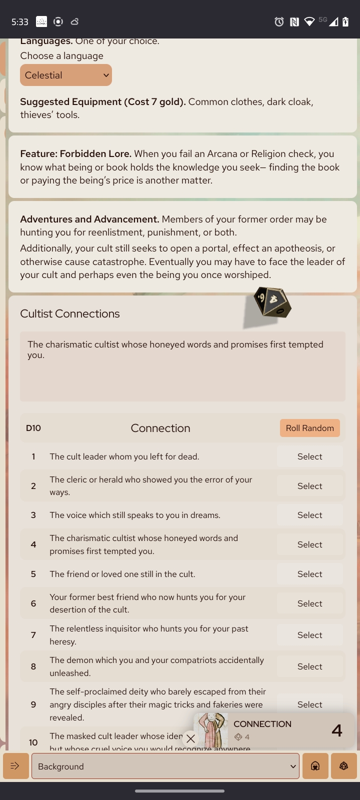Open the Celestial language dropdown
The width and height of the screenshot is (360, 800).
point(65,75)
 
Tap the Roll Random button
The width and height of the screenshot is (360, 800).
point(309,428)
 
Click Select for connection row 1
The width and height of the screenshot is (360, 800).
point(309,456)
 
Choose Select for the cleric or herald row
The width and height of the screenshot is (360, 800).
point(309,486)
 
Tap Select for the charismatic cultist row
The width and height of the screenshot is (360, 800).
point(309,544)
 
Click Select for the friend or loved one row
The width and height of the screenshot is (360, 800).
point(309,574)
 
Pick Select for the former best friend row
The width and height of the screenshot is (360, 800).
point(309,603)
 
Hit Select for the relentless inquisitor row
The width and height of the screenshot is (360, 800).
point(309,635)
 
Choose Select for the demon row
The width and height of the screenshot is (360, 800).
point(309,666)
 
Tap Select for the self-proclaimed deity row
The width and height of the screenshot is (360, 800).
point(309,704)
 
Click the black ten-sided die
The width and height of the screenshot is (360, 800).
point(272,301)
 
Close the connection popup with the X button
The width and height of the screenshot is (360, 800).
point(190,738)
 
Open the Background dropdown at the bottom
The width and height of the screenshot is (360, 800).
point(165,766)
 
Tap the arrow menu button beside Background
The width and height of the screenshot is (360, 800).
point(15,766)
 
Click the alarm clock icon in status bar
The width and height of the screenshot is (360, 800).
point(279,21)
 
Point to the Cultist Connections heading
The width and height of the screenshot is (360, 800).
point(70,313)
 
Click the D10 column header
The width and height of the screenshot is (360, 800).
point(33,428)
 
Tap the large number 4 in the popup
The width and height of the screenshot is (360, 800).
point(336,730)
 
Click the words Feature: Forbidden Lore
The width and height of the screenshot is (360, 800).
point(75,154)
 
